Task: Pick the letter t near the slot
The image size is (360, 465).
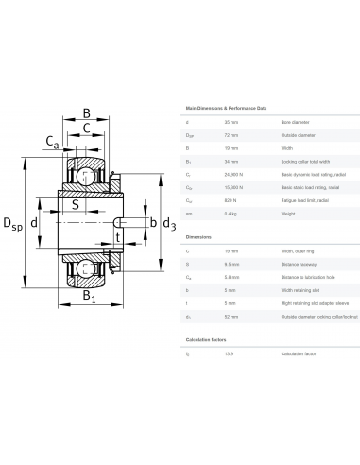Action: point(117,238)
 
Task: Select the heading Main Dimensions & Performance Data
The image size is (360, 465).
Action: point(227,110)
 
